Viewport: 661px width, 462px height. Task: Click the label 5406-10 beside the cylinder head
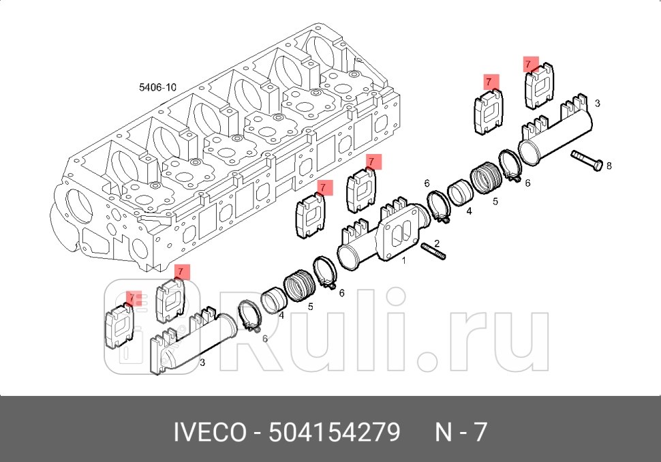point(157,87)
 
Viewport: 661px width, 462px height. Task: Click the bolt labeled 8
point(587,160)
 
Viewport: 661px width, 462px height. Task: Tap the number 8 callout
point(609,166)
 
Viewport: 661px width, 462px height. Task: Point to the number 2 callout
point(437,243)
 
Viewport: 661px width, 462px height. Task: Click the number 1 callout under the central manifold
point(403,260)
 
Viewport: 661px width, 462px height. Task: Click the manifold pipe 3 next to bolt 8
point(555,133)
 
